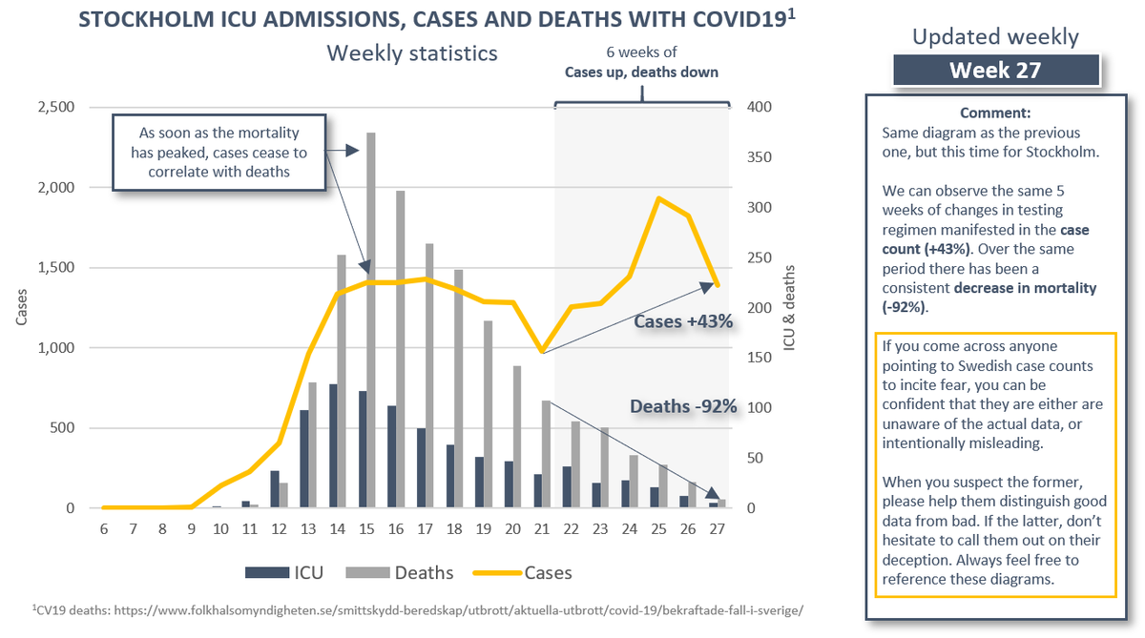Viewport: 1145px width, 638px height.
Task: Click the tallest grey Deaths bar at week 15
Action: pos(371,324)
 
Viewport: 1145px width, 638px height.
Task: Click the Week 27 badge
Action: pos(995,71)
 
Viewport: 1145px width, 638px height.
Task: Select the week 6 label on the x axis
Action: pos(103,530)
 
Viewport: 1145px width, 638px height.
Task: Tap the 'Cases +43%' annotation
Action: pos(683,323)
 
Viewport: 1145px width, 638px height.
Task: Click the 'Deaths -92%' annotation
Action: pos(683,407)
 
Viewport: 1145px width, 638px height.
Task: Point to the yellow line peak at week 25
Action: pos(658,198)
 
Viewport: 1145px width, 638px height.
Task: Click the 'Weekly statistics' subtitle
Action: pos(412,52)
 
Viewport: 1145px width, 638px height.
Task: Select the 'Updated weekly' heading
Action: pos(995,37)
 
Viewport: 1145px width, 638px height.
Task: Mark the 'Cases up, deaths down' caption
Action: pos(641,72)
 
